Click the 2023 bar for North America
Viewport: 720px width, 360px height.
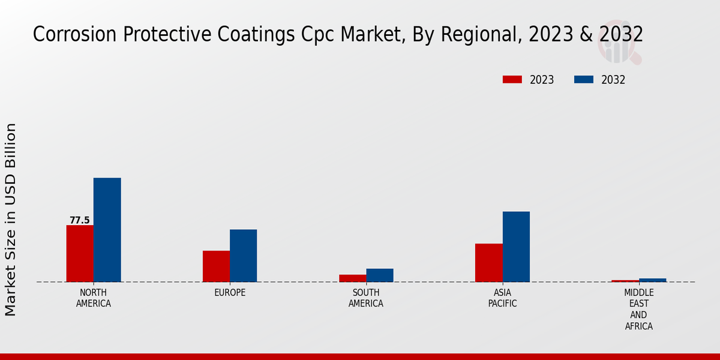point(80,253)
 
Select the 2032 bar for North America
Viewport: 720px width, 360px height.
point(107,230)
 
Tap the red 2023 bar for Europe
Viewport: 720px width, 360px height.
point(216,266)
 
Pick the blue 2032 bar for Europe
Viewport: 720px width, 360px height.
point(243,256)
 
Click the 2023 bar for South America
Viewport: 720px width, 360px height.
point(352,278)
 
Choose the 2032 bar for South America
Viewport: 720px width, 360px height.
point(380,275)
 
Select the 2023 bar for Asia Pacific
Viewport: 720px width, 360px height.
point(488,262)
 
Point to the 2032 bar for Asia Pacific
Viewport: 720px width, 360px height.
point(516,247)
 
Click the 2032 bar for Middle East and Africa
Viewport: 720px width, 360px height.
point(652,280)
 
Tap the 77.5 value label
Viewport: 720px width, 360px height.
point(80,220)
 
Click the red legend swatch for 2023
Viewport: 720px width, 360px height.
point(512,80)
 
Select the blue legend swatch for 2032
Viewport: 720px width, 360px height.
point(584,80)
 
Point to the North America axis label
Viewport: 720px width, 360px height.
point(94,298)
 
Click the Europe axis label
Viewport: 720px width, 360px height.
point(230,293)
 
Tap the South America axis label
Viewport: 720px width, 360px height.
point(366,298)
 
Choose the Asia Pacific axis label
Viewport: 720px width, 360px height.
point(502,298)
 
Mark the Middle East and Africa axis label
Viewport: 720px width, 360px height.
point(638,309)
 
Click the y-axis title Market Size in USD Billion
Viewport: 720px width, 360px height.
point(11,219)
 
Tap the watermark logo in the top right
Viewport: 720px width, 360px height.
point(619,43)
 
